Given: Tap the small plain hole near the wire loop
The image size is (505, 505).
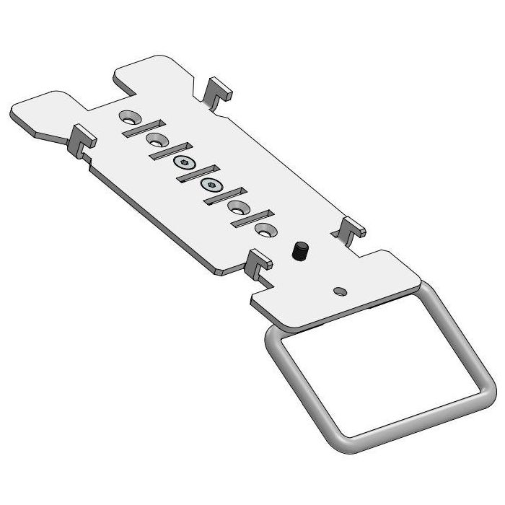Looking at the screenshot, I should pos(339,290).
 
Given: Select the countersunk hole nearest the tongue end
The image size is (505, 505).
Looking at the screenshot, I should pos(130,115).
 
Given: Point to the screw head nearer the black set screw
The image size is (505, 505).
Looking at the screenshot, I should pos(211,185).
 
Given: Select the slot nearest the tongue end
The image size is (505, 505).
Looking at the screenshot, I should pos(139,128).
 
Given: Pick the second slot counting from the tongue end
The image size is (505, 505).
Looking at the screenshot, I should pos(167,151).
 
